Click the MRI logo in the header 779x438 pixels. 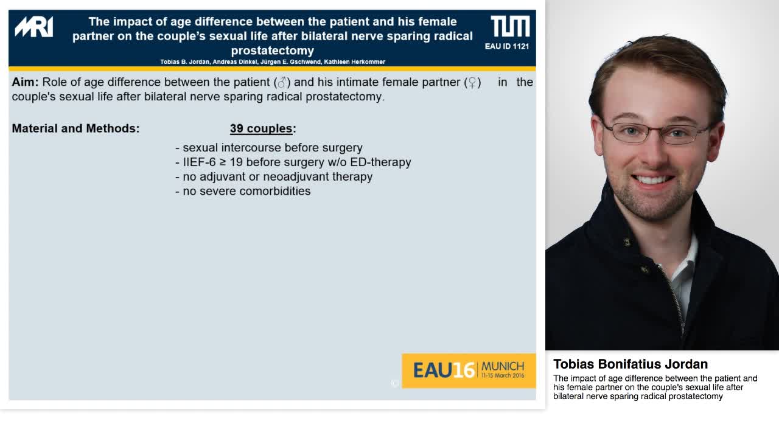point(34,27)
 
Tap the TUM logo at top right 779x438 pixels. point(510,27)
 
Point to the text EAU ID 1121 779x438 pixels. point(507,46)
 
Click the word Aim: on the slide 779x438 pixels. point(25,82)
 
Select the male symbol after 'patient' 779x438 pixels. point(282,82)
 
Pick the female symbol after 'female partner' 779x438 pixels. point(472,82)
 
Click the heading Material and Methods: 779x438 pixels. point(75,128)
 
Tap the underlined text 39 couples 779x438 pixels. point(261,128)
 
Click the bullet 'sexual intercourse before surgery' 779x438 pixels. point(272,148)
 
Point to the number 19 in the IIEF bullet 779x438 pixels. point(236,162)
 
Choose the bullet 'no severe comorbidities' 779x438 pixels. point(246,191)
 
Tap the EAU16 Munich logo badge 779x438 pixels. point(469,370)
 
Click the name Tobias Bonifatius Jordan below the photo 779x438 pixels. point(630,364)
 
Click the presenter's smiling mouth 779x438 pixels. point(652,180)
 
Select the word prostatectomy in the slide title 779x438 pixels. point(273,50)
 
